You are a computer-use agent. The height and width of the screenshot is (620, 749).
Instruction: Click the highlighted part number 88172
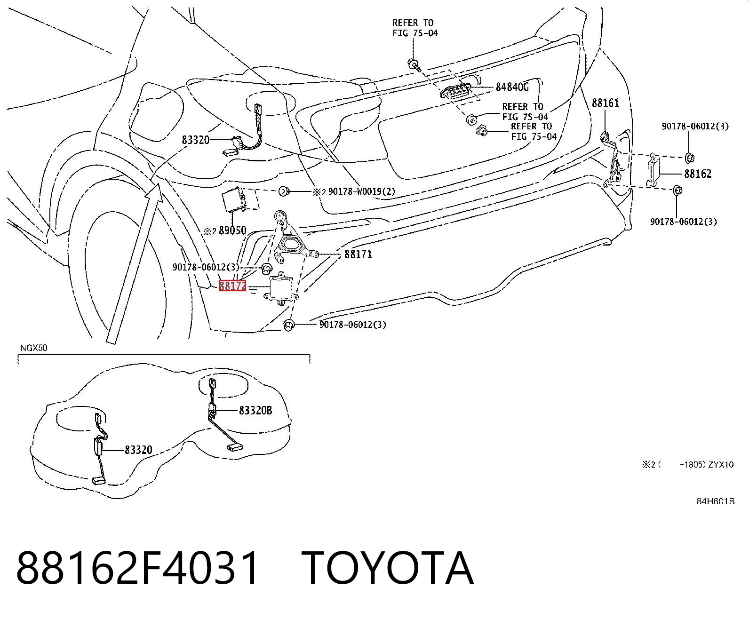(x=232, y=286)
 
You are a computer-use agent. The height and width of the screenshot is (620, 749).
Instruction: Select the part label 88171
(x=358, y=254)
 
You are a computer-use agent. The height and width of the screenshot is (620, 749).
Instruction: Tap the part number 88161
(x=606, y=103)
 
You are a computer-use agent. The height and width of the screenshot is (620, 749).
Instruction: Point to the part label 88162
(x=698, y=174)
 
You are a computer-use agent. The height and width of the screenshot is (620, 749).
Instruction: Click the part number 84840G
(x=512, y=87)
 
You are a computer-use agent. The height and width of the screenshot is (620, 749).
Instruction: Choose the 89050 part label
(x=232, y=231)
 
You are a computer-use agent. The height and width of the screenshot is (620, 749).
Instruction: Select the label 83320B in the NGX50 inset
(x=255, y=411)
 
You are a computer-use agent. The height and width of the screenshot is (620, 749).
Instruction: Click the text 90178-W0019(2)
(x=362, y=191)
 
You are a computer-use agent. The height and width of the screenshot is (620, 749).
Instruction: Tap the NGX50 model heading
(x=34, y=348)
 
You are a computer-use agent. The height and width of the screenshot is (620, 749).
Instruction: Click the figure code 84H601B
(x=715, y=501)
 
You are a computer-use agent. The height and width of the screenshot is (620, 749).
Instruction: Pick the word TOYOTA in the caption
(x=387, y=569)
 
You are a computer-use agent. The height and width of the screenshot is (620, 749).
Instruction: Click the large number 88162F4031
(x=137, y=569)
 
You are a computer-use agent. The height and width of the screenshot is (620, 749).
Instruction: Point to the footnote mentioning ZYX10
(x=687, y=465)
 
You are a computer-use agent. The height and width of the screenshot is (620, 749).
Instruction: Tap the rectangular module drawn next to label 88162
(x=653, y=170)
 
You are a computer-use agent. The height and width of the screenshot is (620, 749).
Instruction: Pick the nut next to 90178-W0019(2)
(x=284, y=191)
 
